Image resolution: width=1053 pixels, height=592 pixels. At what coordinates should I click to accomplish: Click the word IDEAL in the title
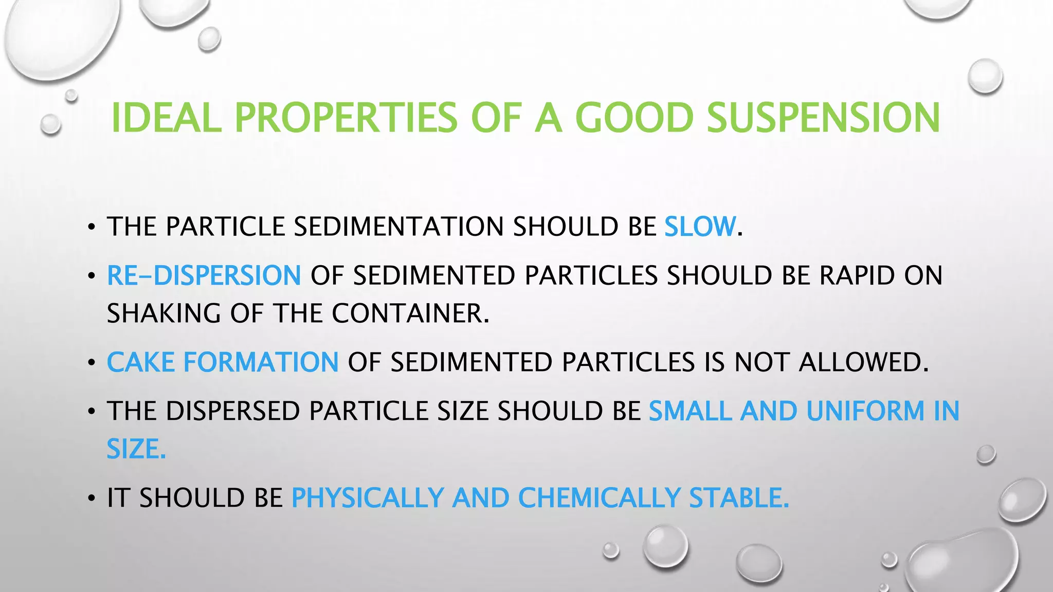pyautogui.click(x=166, y=118)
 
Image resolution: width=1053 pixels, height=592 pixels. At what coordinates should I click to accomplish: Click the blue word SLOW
pyautogui.click(x=700, y=227)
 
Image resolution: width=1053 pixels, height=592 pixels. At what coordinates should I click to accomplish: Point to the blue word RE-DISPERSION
pyautogui.click(x=204, y=275)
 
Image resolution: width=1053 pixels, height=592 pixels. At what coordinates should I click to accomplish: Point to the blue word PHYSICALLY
pyautogui.click(x=368, y=498)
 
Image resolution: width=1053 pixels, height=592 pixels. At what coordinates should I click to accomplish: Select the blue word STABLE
pyautogui.click(x=738, y=498)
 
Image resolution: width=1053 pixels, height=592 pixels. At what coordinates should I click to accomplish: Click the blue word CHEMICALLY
pyautogui.click(x=599, y=498)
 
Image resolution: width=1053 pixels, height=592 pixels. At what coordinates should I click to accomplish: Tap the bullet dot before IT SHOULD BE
pyautogui.click(x=92, y=498)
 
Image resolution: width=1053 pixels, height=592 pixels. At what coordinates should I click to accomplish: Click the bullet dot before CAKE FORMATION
pyautogui.click(x=92, y=363)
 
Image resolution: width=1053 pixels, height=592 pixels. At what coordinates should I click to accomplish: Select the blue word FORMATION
pyautogui.click(x=261, y=362)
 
